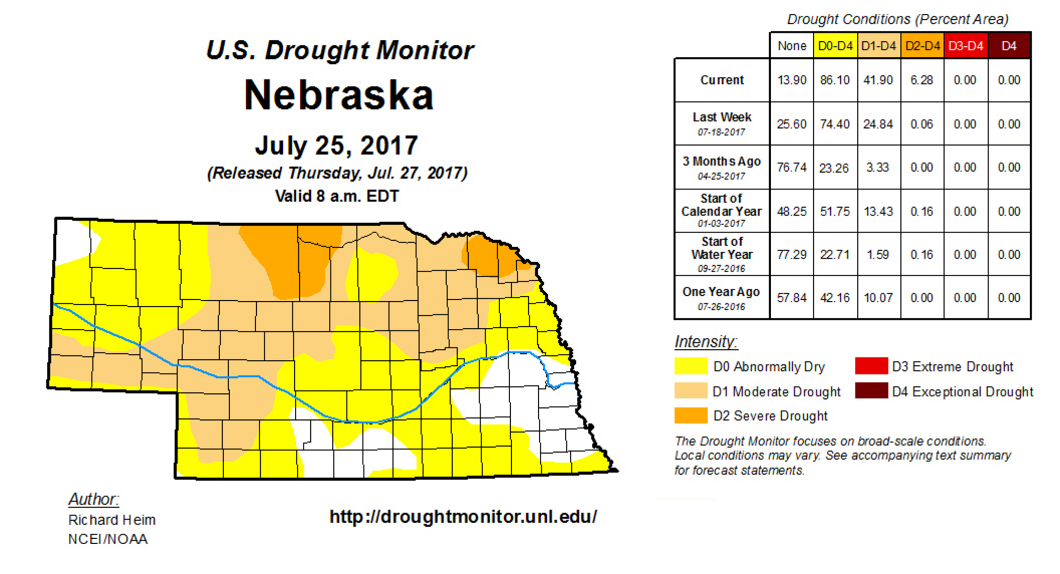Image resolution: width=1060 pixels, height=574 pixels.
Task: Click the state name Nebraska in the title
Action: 338,95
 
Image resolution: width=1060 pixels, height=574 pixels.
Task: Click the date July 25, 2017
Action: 336,146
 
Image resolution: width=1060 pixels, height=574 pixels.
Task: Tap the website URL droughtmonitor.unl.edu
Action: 463,517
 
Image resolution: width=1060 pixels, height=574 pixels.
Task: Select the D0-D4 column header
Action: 835,46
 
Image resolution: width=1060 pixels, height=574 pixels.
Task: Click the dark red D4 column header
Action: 1009,46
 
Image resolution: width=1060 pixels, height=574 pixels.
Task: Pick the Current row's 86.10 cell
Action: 835,80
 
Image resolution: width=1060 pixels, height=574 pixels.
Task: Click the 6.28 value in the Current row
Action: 921,80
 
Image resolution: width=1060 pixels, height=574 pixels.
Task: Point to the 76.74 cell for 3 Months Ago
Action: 791,167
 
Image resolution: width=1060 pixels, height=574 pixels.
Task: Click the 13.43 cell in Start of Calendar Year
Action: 878,211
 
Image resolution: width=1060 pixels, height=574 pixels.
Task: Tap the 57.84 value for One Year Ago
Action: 791,298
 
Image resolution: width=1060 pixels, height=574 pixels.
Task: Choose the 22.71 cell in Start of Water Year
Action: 835,254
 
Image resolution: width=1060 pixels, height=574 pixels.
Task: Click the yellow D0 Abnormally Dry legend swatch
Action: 691,366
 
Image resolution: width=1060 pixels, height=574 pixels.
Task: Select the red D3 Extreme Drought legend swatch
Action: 871,366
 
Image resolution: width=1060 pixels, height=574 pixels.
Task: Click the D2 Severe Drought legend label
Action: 770,416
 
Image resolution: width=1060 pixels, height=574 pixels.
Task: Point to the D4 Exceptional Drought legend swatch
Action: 871,391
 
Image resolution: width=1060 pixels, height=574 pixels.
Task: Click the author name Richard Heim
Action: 112,520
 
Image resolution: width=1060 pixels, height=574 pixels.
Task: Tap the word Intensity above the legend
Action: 706,342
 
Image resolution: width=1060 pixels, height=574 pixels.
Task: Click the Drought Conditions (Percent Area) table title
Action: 897,19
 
